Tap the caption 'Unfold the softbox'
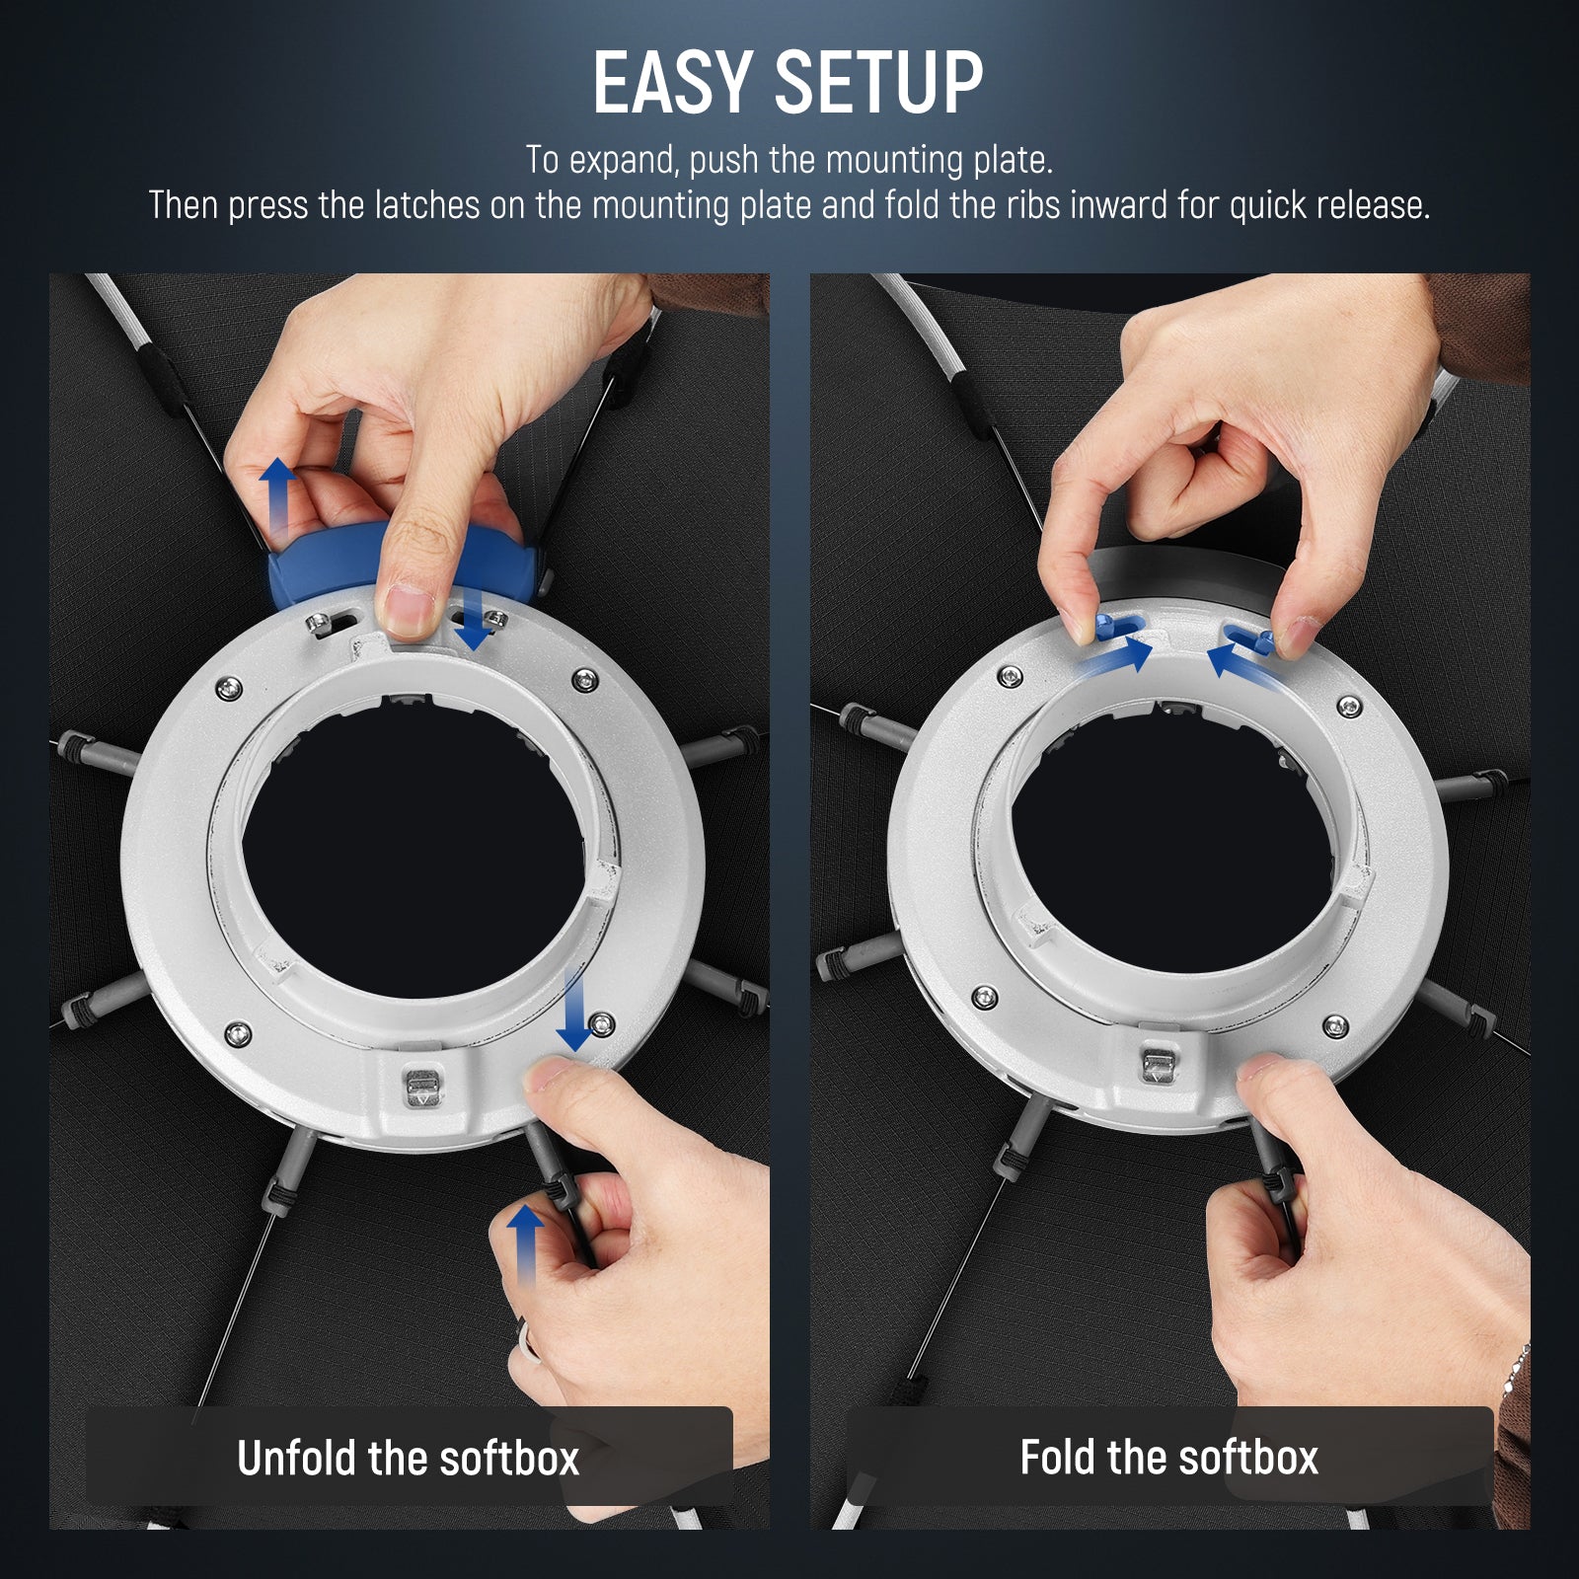pyautogui.click(x=408, y=1459)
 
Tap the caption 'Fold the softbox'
pyautogui.click(x=1168, y=1458)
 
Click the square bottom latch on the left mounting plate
pyautogui.click(x=420, y=1090)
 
